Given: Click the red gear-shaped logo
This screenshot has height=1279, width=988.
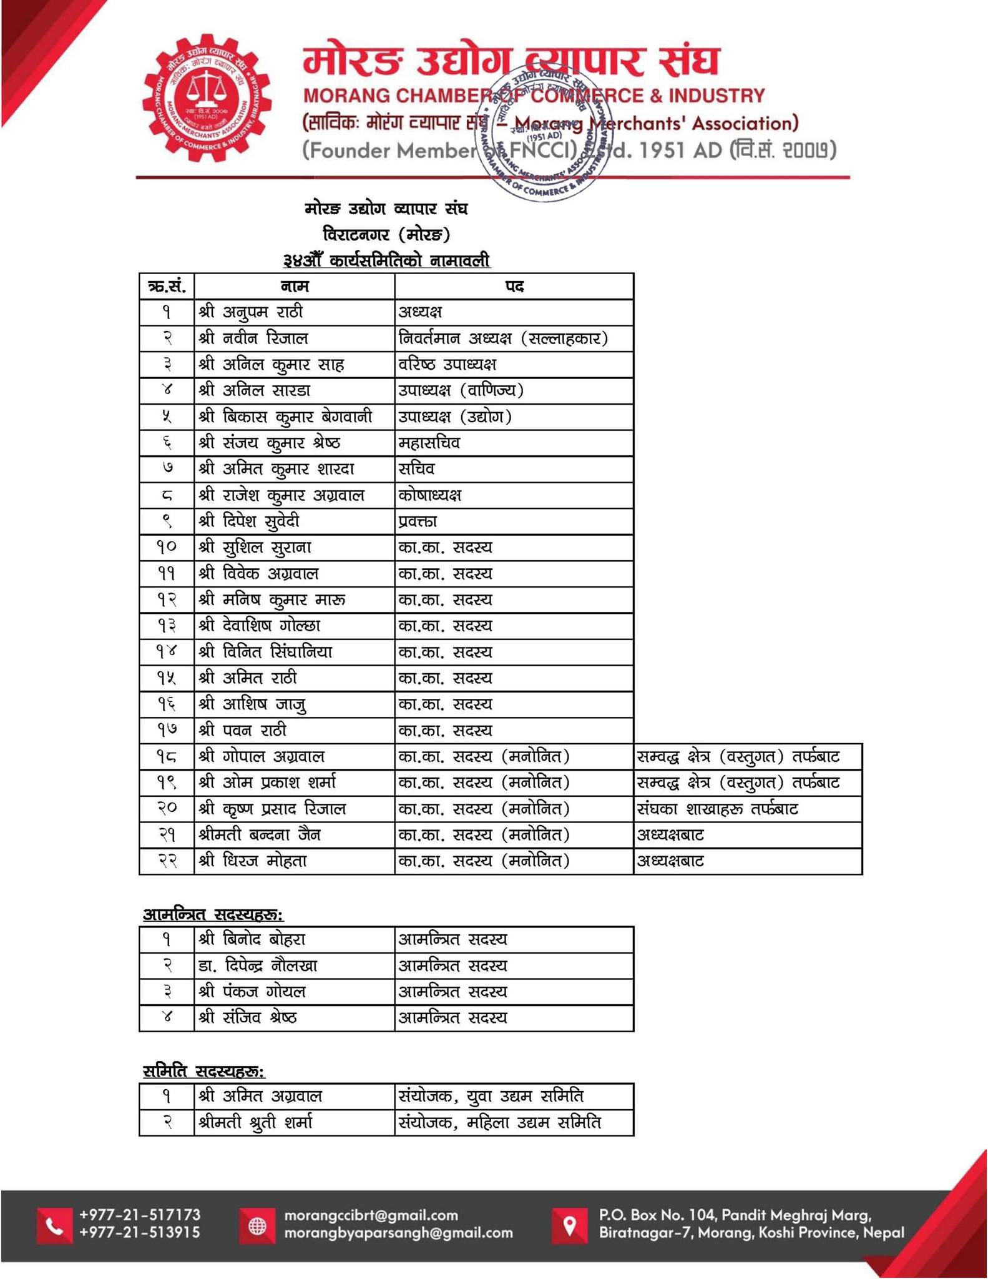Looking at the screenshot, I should click(x=207, y=99).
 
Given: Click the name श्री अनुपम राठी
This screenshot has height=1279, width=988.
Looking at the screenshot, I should click(x=251, y=312).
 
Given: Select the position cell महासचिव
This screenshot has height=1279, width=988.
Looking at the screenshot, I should click(x=429, y=443).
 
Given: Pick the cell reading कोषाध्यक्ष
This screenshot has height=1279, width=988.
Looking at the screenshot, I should click(x=430, y=495).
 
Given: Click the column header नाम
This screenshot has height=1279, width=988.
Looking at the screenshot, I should click(x=295, y=287).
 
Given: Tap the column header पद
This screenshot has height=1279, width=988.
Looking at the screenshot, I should click(x=514, y=287).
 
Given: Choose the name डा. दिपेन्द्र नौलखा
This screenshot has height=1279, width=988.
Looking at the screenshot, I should click(x=258, y=966).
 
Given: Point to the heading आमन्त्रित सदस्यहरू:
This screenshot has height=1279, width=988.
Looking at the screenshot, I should click(x=213, y=915).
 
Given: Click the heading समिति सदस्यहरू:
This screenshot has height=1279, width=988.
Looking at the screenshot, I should click(x=204, y=1072).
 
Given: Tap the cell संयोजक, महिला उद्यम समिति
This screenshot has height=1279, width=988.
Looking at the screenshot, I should click(x=499, y=1123).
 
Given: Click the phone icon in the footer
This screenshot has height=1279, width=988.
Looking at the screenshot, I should click(x=55, y=1226).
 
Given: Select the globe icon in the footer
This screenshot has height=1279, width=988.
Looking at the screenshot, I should click(x=257, y=1226).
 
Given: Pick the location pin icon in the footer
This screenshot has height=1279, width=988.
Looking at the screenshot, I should click(x=569, y=1225).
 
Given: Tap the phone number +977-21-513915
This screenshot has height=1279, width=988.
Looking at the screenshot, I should click(x=140, y=1233).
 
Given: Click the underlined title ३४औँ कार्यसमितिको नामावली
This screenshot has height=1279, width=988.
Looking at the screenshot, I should click(x=386, y=261).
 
